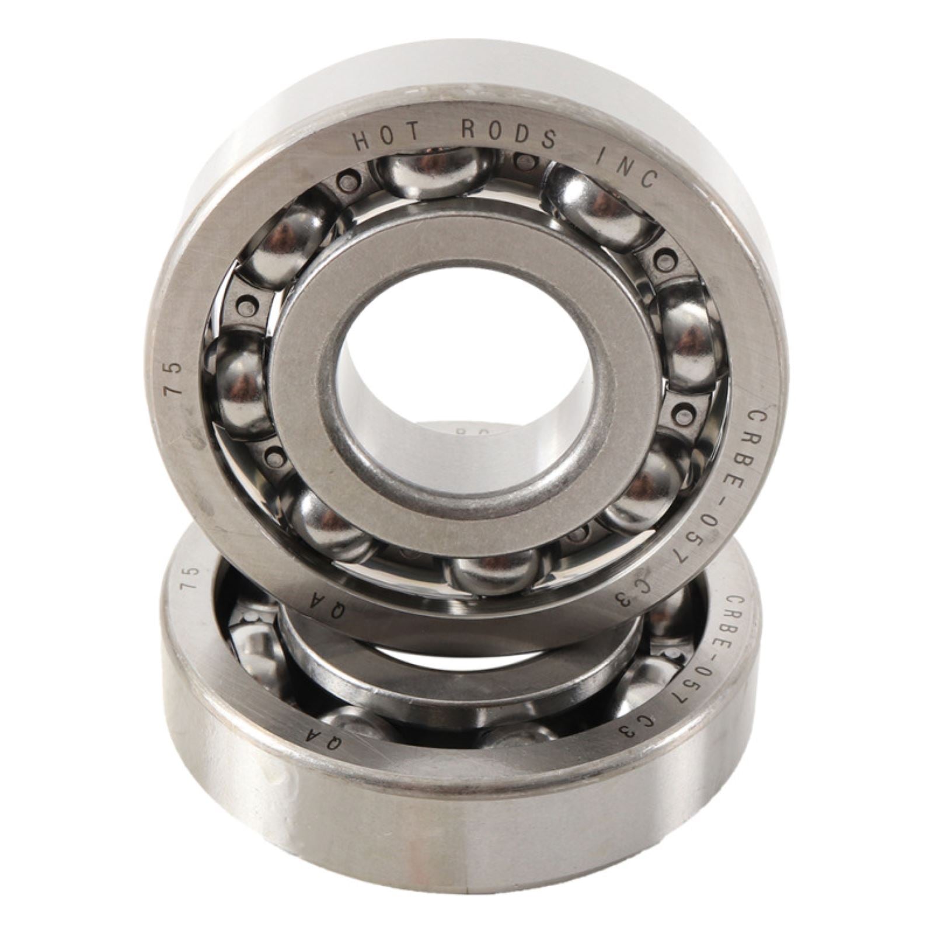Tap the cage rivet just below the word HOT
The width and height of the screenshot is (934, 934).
[350, 178]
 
